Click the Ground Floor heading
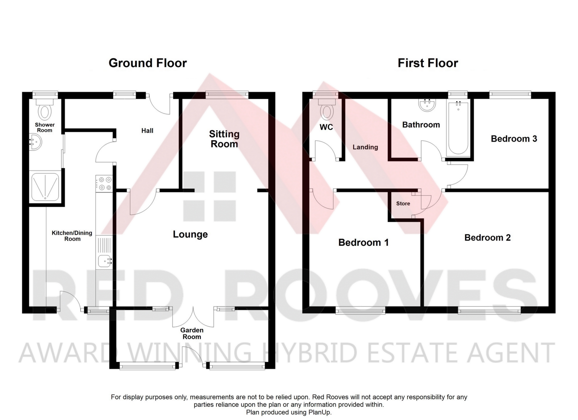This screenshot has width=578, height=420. click(148, 63)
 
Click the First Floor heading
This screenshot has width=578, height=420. click(428, 63)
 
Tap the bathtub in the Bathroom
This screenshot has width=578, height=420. click(458, 128)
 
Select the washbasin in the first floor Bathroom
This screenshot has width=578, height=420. click(427, 104)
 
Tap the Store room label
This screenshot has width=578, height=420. click(403, 204)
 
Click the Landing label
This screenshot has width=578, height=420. click(365, 147)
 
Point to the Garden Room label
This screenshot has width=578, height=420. click(192, 333)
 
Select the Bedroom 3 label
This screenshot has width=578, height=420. click(514, 139)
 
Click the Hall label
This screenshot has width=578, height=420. click(147, 131)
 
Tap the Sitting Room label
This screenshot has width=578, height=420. click(224, 139)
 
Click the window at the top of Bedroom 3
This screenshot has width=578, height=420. click(510, 95)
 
